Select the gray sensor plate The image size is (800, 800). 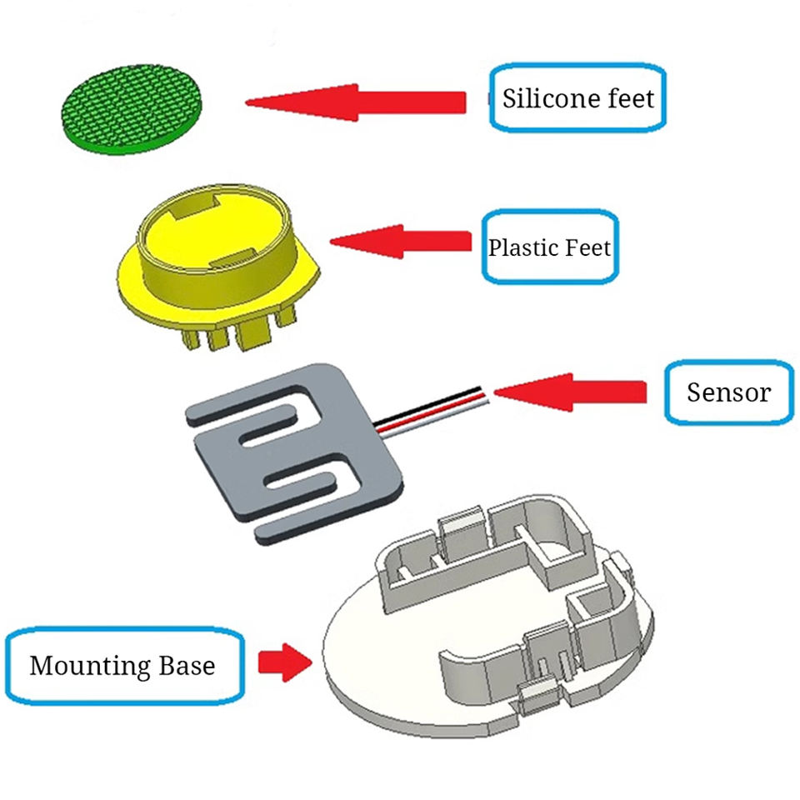tap(292, 450)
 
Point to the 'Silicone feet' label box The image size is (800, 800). tap(577, 97)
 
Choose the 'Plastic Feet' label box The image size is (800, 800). tap(550, 247)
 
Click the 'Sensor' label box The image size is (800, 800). tap(728, 392)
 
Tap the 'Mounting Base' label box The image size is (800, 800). tap(125, 666)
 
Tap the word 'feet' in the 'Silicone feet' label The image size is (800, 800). tap(627, 98)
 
